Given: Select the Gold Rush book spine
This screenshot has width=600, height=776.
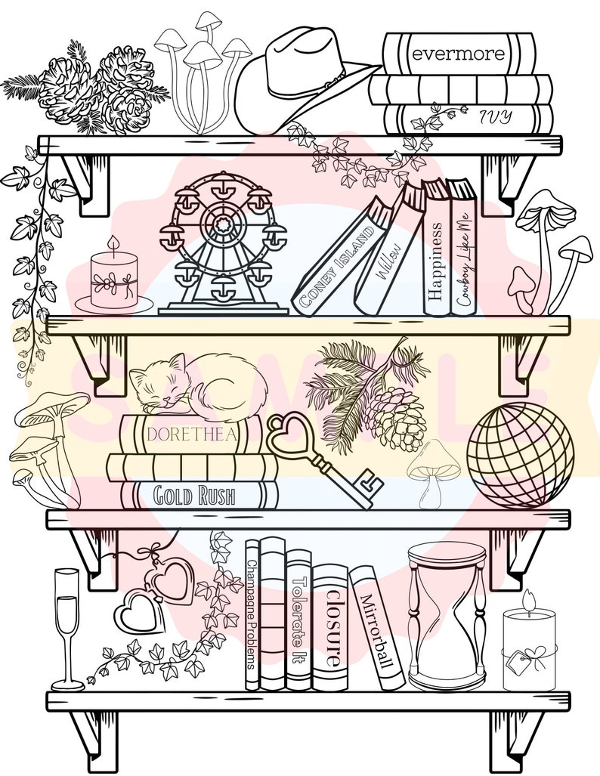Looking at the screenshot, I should (194, 496).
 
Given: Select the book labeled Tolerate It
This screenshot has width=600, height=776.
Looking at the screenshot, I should (298, 620).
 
